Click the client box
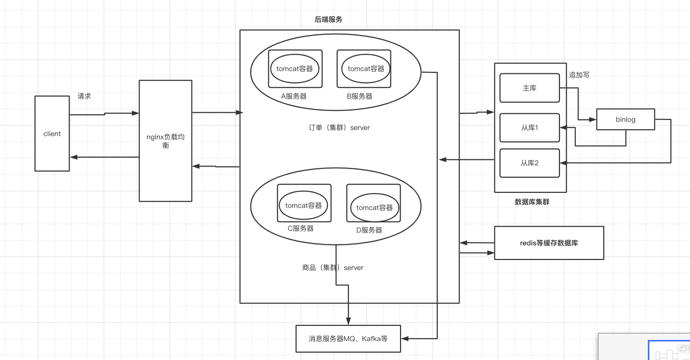click(52, 134)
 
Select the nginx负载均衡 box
click(165, 141)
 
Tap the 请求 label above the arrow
click(84, 96)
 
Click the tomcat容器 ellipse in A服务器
click(295, 69)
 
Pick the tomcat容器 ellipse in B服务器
click(366, 69)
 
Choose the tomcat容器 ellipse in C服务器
click(303, 205)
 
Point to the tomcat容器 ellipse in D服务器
click(374, 207)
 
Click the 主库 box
click(529, 88)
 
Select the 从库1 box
click(529, 127)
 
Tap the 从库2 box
click(529, 163)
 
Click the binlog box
click(625, 119)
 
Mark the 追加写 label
click(579, 75)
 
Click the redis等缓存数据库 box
click(549, 243)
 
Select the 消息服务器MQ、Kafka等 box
click(348, 339)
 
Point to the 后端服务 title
click(328, 19)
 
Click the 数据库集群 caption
click(532, 202)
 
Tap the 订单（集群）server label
click(339, 127)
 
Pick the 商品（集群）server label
click(332, 267)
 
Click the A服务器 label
click(294, 96)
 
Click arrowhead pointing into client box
click(74, 157)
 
